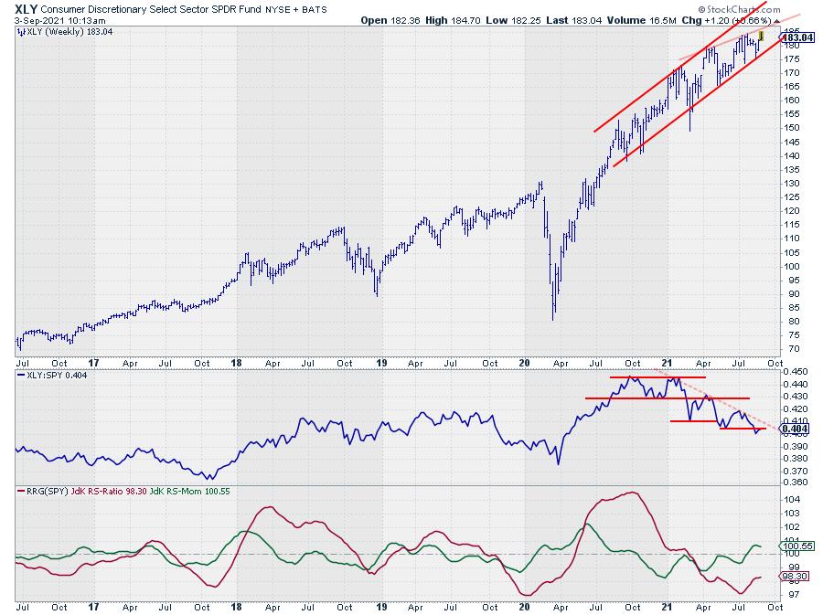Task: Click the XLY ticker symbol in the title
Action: point(28,7)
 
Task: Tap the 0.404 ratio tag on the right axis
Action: point(794,428)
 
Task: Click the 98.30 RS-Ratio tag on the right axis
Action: point(794,577)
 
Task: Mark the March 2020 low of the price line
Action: point(553,319)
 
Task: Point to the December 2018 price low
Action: point(377,294)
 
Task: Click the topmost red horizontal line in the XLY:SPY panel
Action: point(653,377)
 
